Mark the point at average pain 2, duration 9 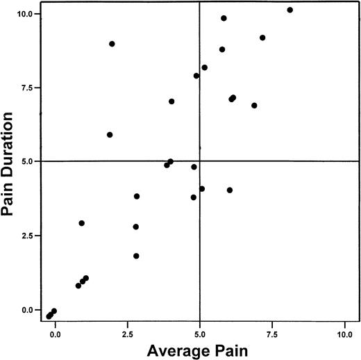pos(112,44)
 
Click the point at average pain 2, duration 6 pos(110,135)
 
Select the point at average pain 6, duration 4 pos(230,190)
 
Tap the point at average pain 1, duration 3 pos(81,223)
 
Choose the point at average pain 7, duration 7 pos(254,106)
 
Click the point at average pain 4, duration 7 pos(171,101)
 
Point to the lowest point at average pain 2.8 pos(136,256)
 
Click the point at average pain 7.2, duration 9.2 pos(262,38)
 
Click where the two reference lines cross pos(200,161)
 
